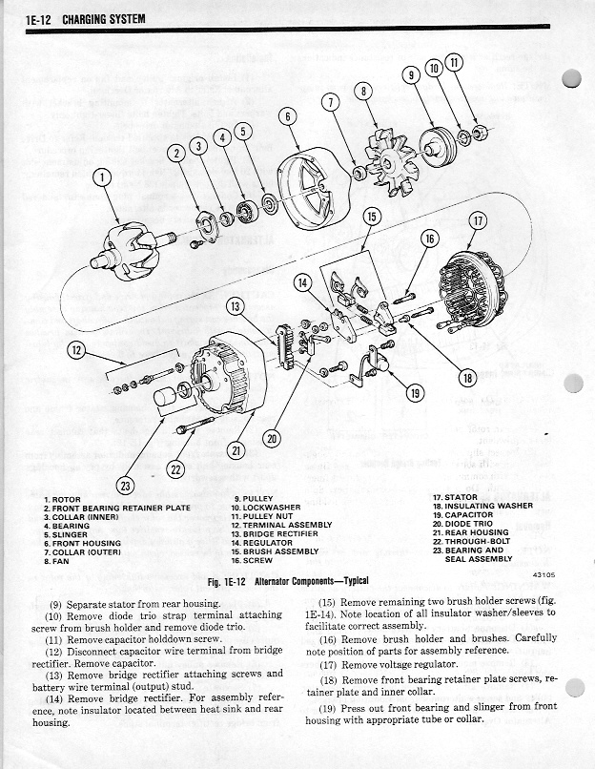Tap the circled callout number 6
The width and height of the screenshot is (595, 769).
[x=288, y=116]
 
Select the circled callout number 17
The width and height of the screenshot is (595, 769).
[x=478, y=221]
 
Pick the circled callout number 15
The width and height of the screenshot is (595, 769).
[x=373, y=217]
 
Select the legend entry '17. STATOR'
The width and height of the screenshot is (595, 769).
[x=456, y=498]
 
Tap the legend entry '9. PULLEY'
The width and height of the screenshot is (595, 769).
[x=254, y=499]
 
